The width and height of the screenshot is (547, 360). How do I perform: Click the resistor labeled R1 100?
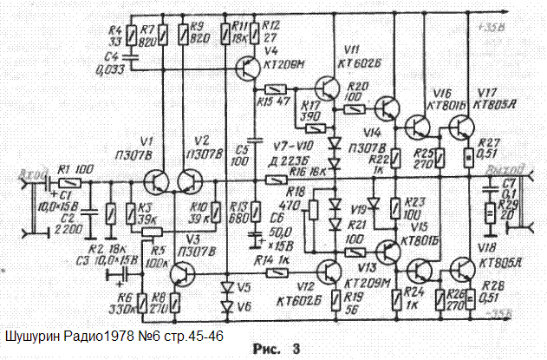tap(70, 183)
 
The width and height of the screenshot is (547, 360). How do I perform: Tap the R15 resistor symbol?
tap(275, 89)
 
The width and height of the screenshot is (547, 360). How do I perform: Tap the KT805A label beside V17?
tap(497, 102)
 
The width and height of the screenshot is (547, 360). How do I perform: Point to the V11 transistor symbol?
tap(328, 88)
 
